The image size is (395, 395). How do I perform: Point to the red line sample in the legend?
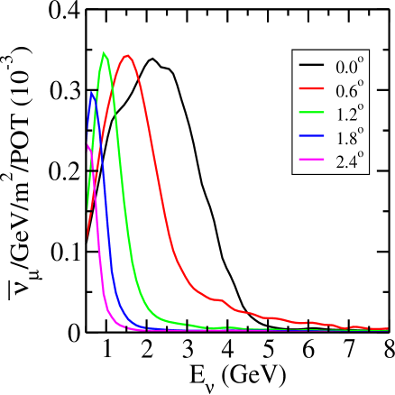312,90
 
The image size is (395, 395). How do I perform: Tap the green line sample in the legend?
312,114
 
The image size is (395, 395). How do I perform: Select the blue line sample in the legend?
312,137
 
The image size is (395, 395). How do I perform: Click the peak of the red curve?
128,55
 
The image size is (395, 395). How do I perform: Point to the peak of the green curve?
104,52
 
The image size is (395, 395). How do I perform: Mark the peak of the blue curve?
92,92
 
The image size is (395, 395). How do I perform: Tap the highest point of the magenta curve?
87,144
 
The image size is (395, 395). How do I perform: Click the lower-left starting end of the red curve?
87,240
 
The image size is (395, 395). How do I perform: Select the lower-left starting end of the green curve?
87,209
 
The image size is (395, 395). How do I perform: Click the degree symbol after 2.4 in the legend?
362,154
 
